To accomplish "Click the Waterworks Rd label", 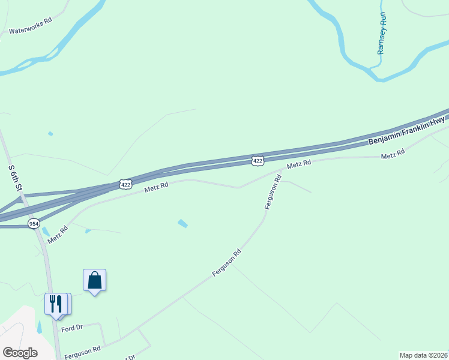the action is (31, 30).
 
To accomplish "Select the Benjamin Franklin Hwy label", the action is (406, 130).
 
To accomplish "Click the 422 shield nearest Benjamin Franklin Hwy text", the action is (258, 160).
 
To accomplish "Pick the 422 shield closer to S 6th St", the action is (125, 184).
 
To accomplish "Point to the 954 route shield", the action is (34, 223).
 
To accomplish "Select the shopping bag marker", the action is (94, 280).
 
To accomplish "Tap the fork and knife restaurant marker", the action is (56, 304).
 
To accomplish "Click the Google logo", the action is (20, 353).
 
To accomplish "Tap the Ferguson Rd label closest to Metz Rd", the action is (273, 192).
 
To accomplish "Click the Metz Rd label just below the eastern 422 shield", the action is (298, 164).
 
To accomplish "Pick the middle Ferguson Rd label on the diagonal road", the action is (226, 263).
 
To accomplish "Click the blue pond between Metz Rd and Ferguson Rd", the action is (182, 224).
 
